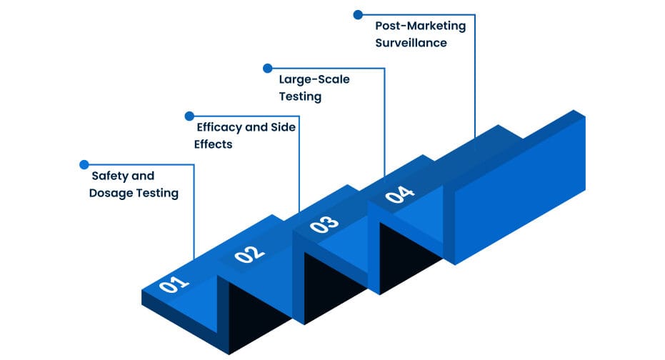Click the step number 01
(173, 284)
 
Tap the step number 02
(249, 253)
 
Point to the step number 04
(399, 194)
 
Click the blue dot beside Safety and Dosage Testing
(84, 164)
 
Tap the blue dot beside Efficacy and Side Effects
(189, 116)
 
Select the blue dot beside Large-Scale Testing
(267, 69)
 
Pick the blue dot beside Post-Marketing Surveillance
(358, 14)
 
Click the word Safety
(109, 176)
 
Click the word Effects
(214, 144)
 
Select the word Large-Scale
(314, 79)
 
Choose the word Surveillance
(411, 43)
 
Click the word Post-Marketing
(421, 26)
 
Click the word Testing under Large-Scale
(300, 96)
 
